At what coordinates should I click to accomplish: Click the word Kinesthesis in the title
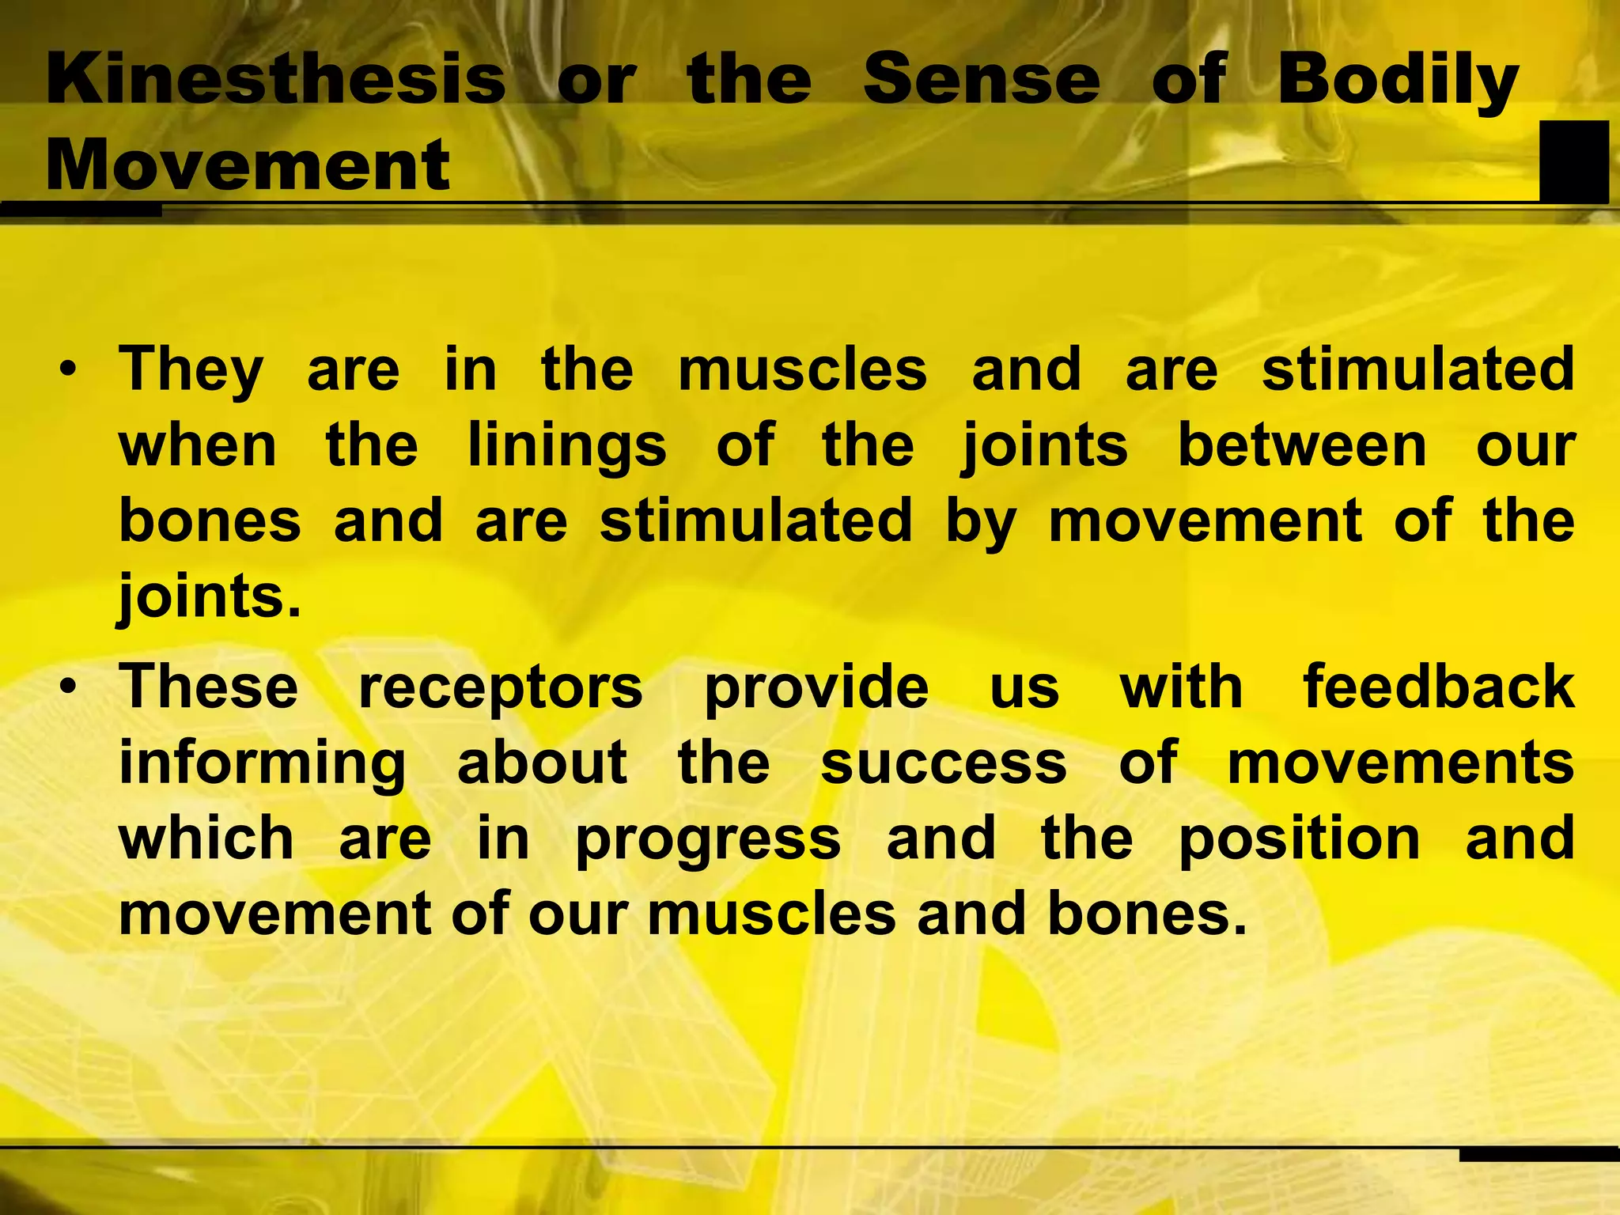pos(276,79)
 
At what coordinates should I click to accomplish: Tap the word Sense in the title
pos(981,79)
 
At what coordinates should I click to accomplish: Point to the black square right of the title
pos(1574,161)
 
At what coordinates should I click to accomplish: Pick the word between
pos(1302,446)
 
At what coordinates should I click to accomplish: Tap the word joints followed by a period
pos(210,598)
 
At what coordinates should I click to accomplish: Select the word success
pos(944,763)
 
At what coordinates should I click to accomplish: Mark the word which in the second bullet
pos(206,838)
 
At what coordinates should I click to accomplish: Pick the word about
pos(543,763)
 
